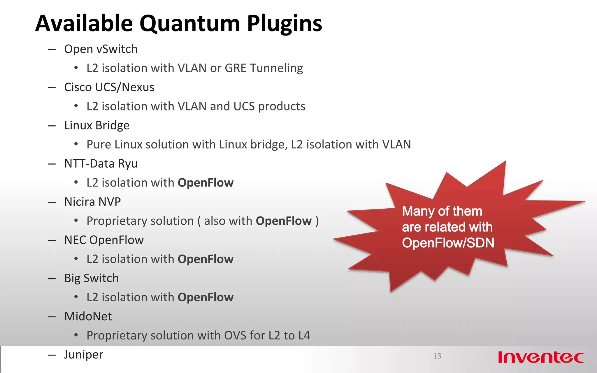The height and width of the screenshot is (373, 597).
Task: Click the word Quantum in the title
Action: (190, 23)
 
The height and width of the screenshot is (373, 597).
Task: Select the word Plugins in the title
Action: (285, 23)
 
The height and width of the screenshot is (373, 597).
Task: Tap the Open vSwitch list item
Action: (101, 49)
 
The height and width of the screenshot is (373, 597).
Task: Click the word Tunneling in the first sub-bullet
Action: (276, 68)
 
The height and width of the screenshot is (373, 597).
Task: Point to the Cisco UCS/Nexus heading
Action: (109, 87)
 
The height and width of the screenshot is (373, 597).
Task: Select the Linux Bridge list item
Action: (97, 125)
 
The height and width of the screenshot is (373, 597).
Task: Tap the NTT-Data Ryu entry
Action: (101, 163)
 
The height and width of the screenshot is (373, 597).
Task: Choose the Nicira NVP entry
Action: (92, 202)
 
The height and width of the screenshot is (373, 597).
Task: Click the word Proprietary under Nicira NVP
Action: (140, 221)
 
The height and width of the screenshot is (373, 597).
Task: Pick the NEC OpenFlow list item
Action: (104, 240)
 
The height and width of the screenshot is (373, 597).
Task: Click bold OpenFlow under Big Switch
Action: (206, 297)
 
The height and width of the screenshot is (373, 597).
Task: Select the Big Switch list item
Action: (91, 278)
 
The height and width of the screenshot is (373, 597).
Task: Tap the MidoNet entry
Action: (88, 316)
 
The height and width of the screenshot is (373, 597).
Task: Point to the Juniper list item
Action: (83, 354)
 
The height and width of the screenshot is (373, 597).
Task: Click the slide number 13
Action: (437, 356)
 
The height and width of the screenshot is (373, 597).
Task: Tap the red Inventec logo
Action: (541, 357)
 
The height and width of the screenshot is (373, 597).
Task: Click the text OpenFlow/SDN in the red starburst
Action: (448, 243)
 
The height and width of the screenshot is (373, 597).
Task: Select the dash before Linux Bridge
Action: (52, 126)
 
